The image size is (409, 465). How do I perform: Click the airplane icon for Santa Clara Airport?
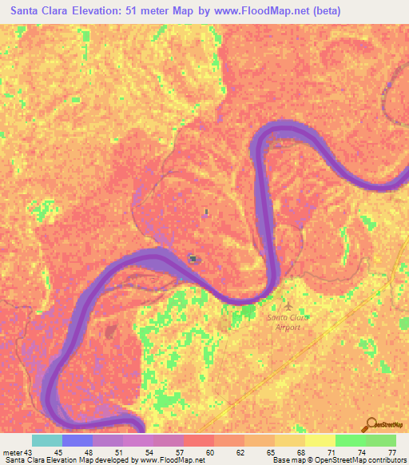pyautogui.click(x=288, y=305)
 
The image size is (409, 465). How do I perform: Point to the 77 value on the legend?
pyautogui.click(x=391, y=452)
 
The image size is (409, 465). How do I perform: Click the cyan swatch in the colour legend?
pyautogui.click(x=47, y=440)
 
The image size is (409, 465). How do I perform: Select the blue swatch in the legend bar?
pyautogui.click(x=77, y=440)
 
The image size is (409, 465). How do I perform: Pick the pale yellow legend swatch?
pyautogui.click(x=320, y=440)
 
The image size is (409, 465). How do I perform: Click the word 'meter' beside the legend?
pyautogui.click(x=13, y=452)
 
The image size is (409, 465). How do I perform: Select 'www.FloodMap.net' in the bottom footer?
pyautogui.click(x=169, y=460)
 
